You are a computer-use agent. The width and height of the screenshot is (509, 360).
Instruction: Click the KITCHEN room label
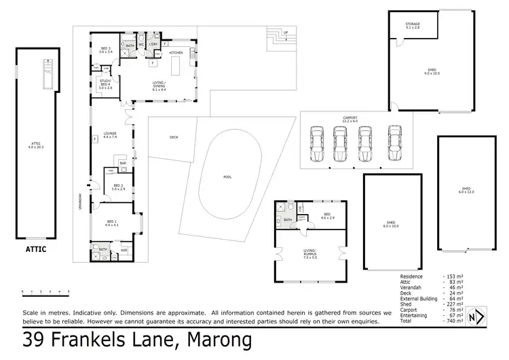click(176, 52)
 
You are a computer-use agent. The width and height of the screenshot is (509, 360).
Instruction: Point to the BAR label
click(124, 163)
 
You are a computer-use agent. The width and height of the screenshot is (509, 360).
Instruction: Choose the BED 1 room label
click(111, 222)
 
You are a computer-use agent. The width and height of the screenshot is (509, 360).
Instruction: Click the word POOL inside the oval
click(227, 177)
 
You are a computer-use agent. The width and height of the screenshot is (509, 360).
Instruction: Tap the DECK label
click(174, 137)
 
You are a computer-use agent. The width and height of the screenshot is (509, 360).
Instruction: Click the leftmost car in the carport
click(316, 143)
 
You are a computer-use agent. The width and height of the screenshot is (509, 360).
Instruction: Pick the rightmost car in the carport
click(394, 143)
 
